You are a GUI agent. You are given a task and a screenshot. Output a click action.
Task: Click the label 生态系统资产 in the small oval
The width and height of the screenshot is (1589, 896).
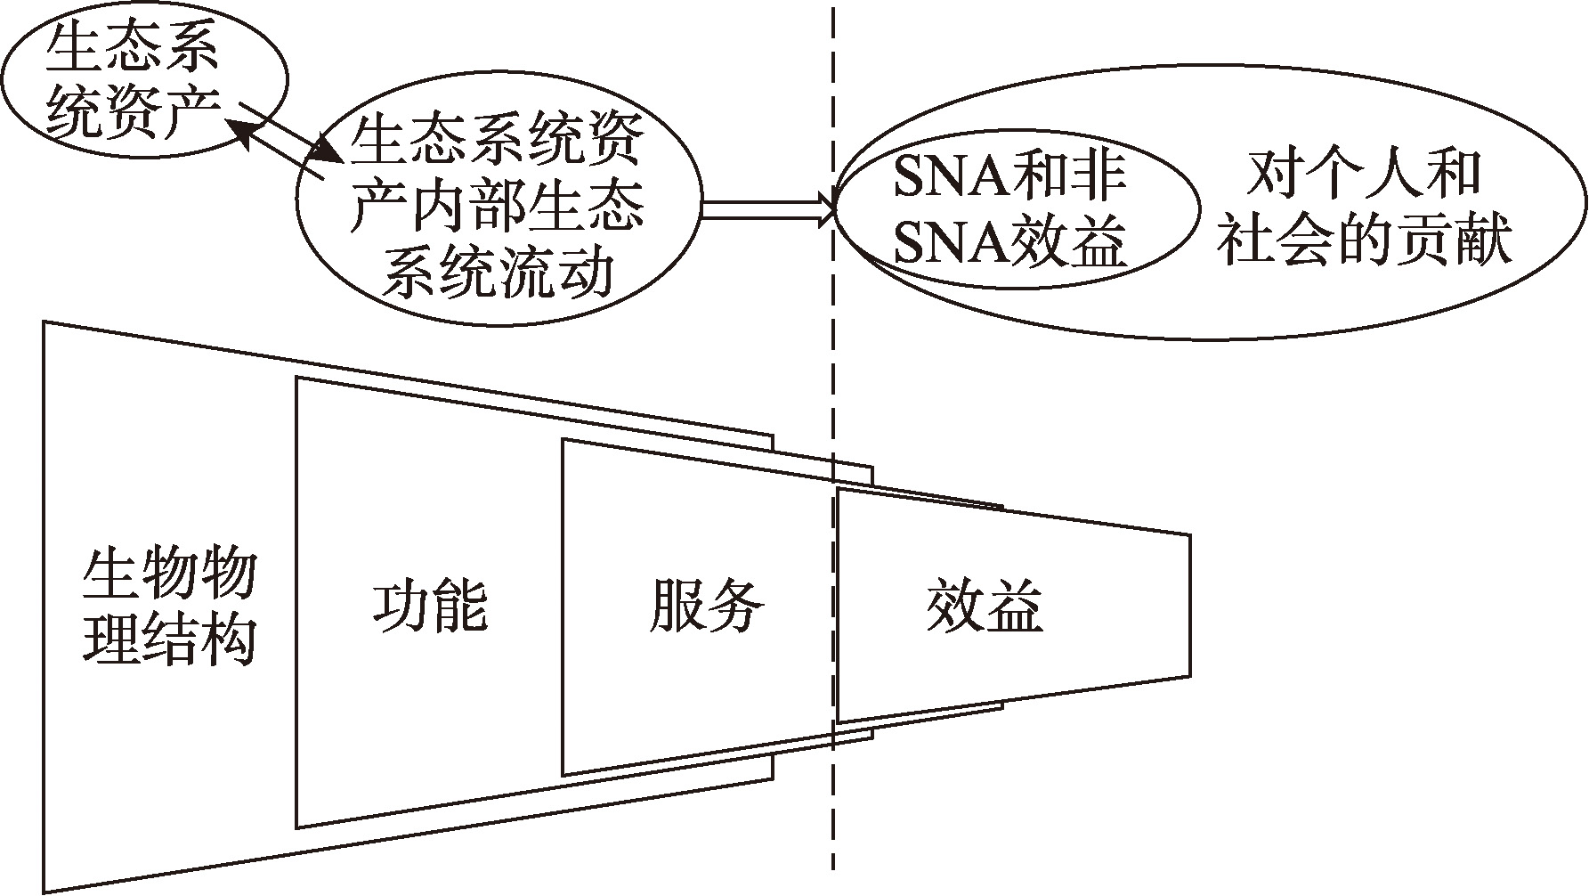[132, 80]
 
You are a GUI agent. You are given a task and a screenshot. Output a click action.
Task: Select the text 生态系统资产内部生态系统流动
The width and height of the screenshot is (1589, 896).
[497, 210]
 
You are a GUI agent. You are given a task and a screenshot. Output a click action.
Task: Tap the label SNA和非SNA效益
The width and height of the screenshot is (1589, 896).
[1010, 210]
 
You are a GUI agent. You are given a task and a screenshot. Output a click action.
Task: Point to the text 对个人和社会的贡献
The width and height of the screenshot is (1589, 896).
[1364, 210]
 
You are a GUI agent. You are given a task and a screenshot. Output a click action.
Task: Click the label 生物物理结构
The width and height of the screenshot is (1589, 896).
[169, 607]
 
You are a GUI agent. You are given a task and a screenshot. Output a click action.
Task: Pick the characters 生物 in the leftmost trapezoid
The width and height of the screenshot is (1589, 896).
[140, 574]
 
